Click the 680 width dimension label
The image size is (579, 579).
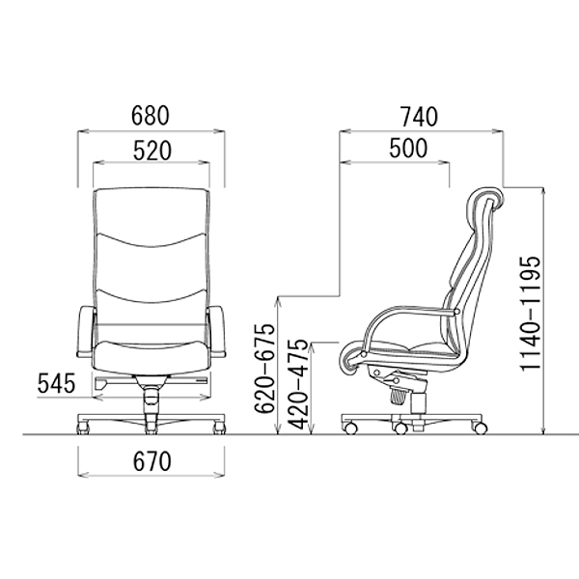(x=151, y=115)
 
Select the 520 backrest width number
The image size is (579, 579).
(x=152, y=151)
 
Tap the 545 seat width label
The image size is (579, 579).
(x=57, y=383)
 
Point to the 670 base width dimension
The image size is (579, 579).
(x=152, y=461)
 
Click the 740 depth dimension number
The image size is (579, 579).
(x=420, y=117)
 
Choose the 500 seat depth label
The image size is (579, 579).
(x=408, y=148)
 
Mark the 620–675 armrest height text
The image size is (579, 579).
(x=264, y=369)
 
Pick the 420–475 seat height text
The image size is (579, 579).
(x=297, y=384)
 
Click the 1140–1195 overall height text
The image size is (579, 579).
(x=530, y=313)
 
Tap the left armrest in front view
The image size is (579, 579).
(x=85, y=331)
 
